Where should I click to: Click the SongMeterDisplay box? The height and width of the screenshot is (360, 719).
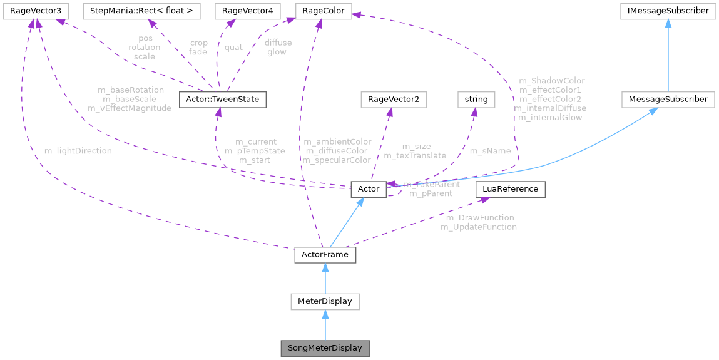click(x=325, y=347)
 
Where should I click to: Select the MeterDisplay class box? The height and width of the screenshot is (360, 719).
click(x=325, y=301)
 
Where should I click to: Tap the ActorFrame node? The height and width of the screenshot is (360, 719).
click(x=325, y=255)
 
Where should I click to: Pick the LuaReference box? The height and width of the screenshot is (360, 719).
click(x=511, y=188)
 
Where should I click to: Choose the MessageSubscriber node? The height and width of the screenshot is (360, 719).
click(x=668, y=99)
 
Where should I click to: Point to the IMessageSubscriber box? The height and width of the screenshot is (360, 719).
click(x=668, y=10)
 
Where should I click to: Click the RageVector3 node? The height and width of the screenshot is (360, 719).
click(x=34, y=10)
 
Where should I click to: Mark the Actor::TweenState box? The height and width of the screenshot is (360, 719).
click(x=223, y=99)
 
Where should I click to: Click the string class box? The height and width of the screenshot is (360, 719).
click(x=476, y=99)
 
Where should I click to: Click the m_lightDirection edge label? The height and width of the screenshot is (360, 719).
click(x=78, y=151)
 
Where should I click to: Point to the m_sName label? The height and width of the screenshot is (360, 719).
click(x=490, y=151)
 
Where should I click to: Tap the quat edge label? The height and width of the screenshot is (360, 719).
click(x=233, y=47)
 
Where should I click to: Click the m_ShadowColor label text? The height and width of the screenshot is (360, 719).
click(x=551, y=80)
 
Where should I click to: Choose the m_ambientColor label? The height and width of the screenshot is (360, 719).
click(x=337, y=141)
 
